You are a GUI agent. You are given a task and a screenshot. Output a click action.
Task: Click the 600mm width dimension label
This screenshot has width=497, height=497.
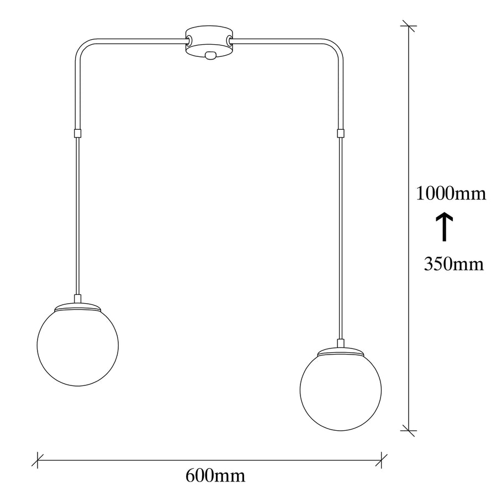point(215,476)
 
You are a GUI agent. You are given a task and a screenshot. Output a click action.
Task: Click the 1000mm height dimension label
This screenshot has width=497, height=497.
point(451,193)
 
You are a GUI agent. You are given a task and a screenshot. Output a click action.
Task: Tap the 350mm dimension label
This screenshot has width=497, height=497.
point(454,264)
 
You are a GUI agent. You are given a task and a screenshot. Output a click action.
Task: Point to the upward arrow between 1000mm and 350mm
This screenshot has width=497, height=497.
point(444,226)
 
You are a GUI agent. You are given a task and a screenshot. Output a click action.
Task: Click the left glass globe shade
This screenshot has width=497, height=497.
point(78,345)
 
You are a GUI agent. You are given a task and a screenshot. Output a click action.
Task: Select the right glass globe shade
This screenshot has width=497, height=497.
point(341,390)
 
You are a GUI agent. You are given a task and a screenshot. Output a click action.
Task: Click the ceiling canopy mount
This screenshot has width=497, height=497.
point(209,43)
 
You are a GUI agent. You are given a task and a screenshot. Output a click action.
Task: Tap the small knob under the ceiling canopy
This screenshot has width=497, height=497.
point(209,55)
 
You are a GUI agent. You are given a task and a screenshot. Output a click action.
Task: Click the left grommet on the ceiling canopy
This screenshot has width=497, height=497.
point(189,40)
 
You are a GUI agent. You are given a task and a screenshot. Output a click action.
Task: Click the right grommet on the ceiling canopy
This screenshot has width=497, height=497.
point(229,40)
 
